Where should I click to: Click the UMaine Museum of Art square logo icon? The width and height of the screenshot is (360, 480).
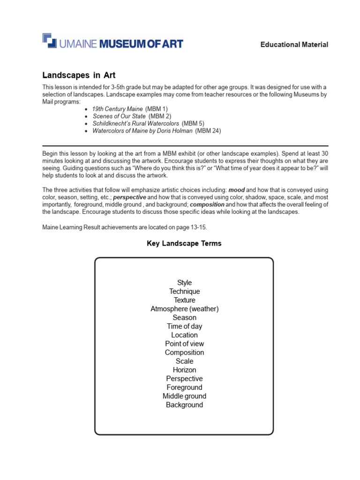(x=50, y=41)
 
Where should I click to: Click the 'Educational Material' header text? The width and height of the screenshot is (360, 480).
(x=294, y=45)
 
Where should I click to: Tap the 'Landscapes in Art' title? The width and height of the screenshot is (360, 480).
(x=79, y=75)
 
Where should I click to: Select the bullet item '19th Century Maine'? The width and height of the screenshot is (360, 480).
(x=117, y=108)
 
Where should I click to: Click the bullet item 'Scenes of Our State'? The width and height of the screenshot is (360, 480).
(x=119, y=116)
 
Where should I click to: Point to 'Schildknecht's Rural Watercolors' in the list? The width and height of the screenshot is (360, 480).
(x=135, y=123)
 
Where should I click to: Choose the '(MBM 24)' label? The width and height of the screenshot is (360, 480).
(x=208, y=131)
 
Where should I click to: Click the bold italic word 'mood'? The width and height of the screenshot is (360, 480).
(x=236, y=190)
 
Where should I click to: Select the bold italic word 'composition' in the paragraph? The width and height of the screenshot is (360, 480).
(x=207, y=205)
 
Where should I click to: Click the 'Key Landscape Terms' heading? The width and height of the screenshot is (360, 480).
(x=184, y=243)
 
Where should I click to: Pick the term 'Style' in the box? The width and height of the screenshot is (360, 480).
(x=184, y=283)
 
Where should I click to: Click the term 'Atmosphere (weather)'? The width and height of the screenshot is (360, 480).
(x=184, y=309)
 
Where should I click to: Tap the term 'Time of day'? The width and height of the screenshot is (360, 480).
(x=184, y=326)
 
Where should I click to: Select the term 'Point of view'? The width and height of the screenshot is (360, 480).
(x=184, y=344)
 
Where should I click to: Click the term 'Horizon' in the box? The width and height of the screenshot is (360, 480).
(x=184, y=370)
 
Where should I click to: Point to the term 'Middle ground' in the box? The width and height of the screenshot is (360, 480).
(x=184, y=396)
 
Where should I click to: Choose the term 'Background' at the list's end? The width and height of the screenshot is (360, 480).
(x=184, y=405)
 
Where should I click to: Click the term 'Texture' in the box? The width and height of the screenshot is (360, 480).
(x=184, y=300)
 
